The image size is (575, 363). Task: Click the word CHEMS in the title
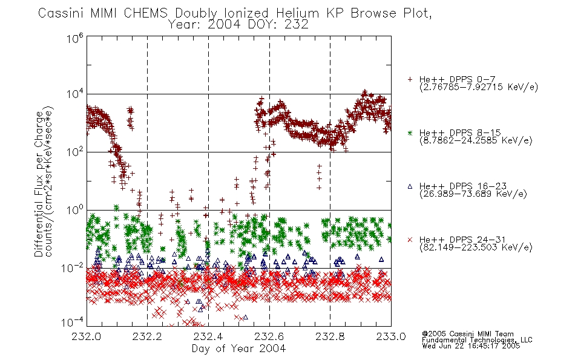pyautogui.click(x=145, y=13)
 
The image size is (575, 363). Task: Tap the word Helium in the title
pyautogui.click(x=297, y=13)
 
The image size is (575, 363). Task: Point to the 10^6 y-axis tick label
pyautogui.click(x=75, y=38)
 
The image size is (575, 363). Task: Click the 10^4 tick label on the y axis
pyautogui.click(x=75, y=94)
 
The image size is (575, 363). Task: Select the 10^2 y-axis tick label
pyautogui.click(x=75, y=152)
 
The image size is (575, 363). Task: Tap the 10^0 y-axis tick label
pyautogui.click(x=75, y=210)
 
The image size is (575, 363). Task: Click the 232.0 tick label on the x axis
pyautogui.click(x=86, y=336)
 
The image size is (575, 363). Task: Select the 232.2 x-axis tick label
pyautogui.click(x=147, y=336)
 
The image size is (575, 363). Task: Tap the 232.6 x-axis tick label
pyautogui.click(x=269, y=336)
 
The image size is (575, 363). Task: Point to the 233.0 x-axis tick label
pyautogui.click(x=391, y=336)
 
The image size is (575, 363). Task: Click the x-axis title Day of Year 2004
pyautogui.click(x=238, y=348)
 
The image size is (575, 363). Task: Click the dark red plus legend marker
pyautogui.click(x=410, y=79)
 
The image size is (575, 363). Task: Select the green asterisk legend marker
pyautogui.click(x=410, y=132)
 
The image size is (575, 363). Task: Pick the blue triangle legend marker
pyautogui.click(x=410, y=186)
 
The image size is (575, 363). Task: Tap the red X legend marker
pyautogui.click(x=410, y=240)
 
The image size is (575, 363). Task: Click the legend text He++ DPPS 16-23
pyautogui.click(x=463, y=186)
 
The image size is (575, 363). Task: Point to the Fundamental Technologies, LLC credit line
pyautogui.click(x=477, y=340)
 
